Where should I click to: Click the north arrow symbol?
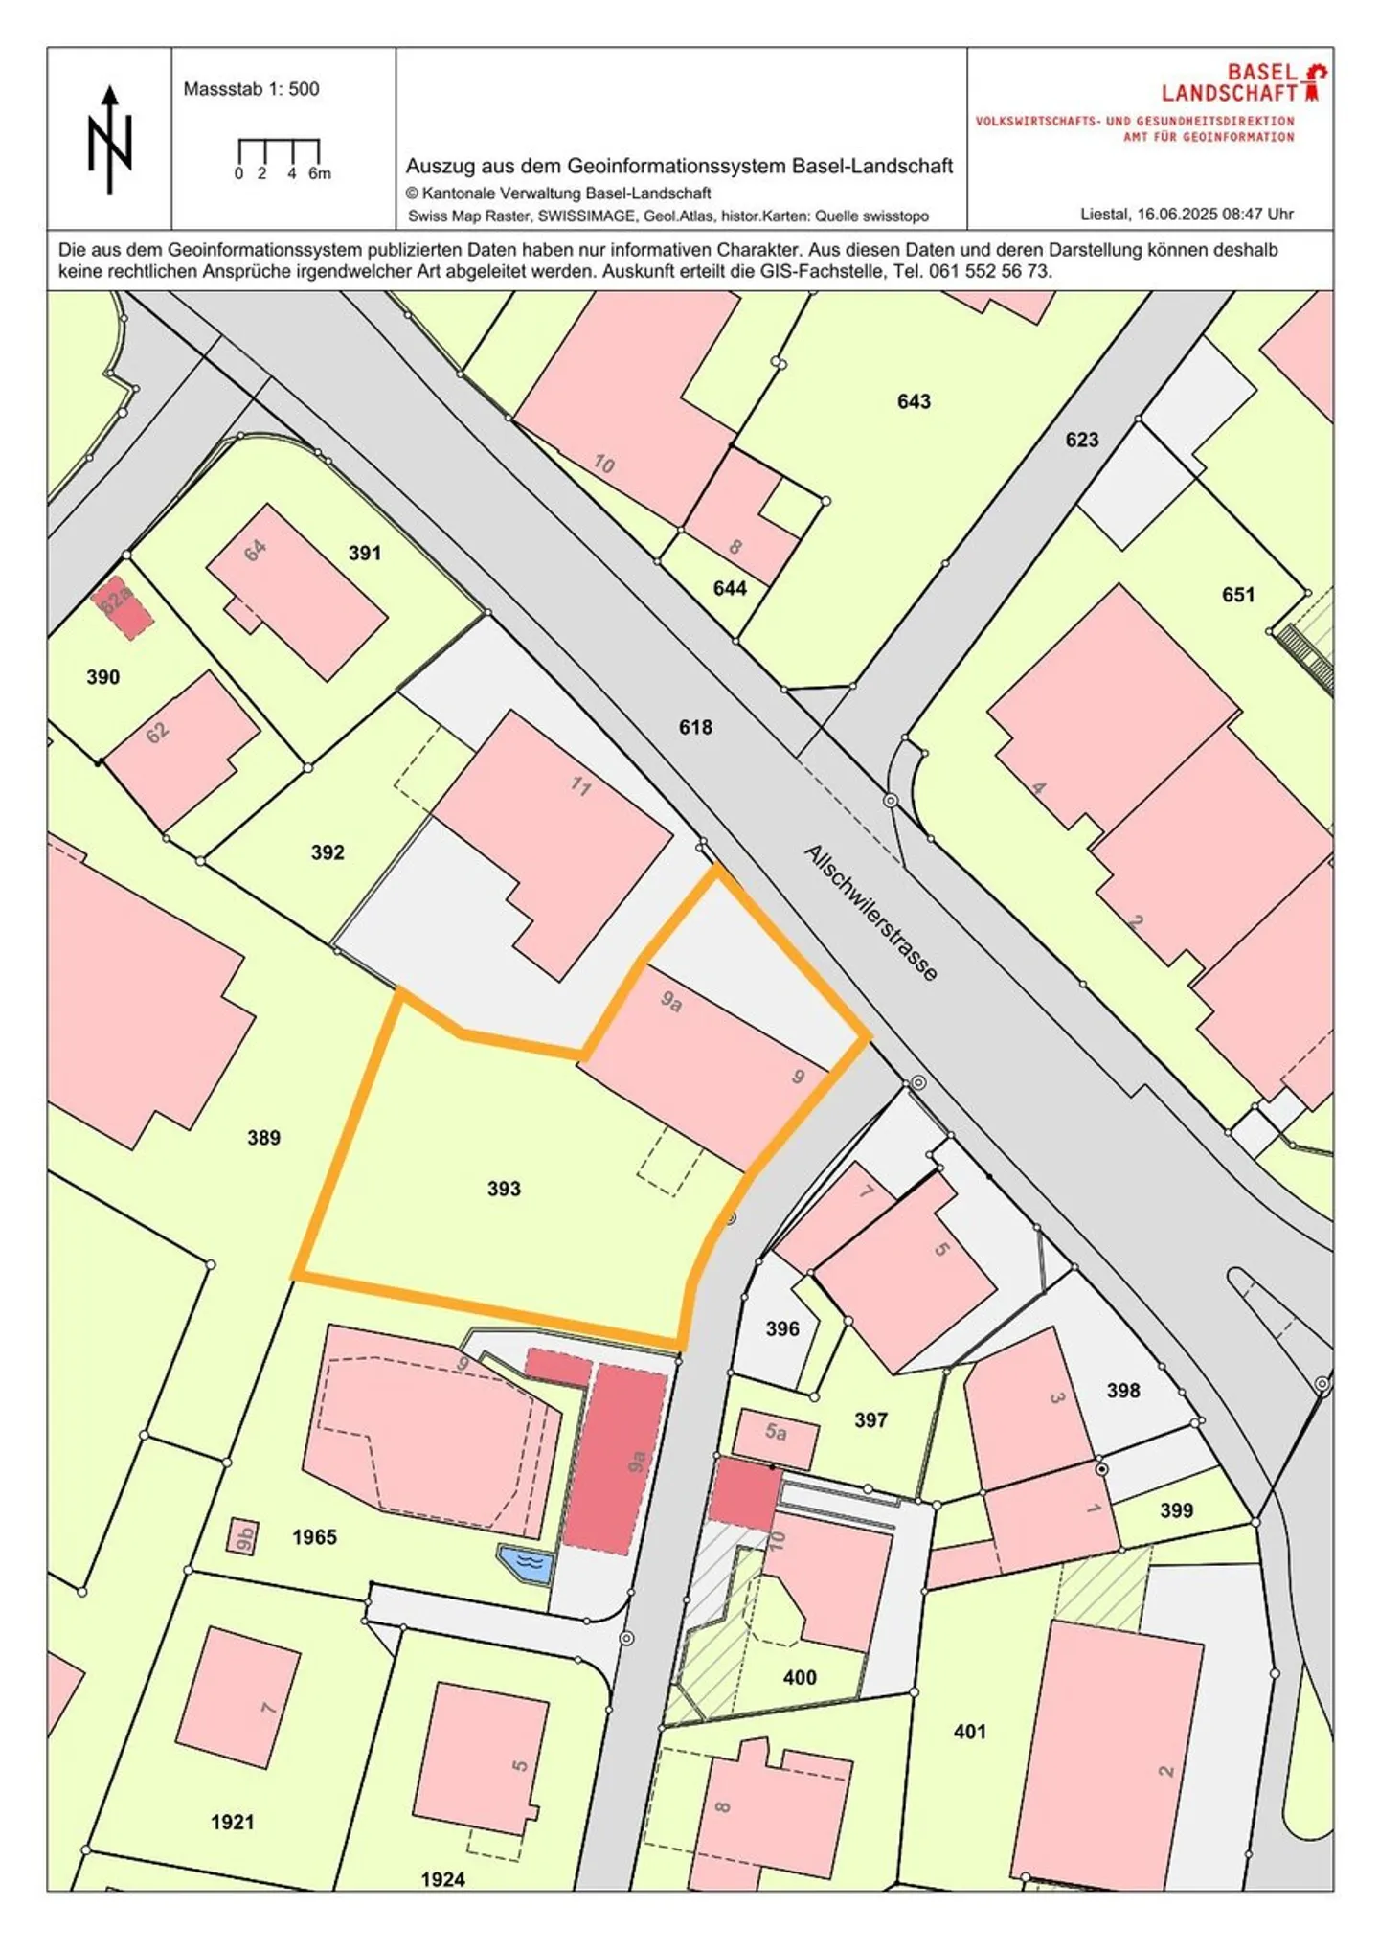pyautogui.click(x=110, y=140)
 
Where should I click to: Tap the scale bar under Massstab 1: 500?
pyautogui.click(x=278, y=152)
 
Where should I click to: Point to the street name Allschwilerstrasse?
pyautogui.click(x=870, y=912)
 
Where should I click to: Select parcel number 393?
pyautogui.click(x=504, y=1189)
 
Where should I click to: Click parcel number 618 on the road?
pyautogui.click(x=695, y=727)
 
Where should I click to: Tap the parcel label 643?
pyautogui.click(x=914, y=401)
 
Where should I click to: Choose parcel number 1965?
pyautogui.click(x=314, y=1537)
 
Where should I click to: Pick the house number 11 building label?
pyautogui.click(x=580, y=786)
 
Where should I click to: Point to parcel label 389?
pyautogui.click(x=263, y=1138)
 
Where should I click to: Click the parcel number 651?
pyautogui.click(x=1237, y=595)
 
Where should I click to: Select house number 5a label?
pyautogui.click(x=776, y=1433)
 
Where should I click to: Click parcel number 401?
pyautogui.click(x=969, y=1731)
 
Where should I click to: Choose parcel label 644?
pyautogui.click(x=730, y=588)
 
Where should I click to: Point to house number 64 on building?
pyautogui.click(x=255, y=551)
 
